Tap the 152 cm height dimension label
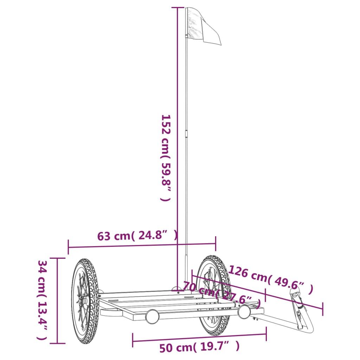166,157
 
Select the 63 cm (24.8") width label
137,235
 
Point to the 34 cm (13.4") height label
42,300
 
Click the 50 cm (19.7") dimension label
199,347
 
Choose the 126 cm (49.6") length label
270,279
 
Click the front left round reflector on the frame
152,316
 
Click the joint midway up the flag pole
186,134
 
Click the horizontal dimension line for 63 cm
142,245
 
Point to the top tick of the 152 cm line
177,7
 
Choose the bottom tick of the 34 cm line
57,343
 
